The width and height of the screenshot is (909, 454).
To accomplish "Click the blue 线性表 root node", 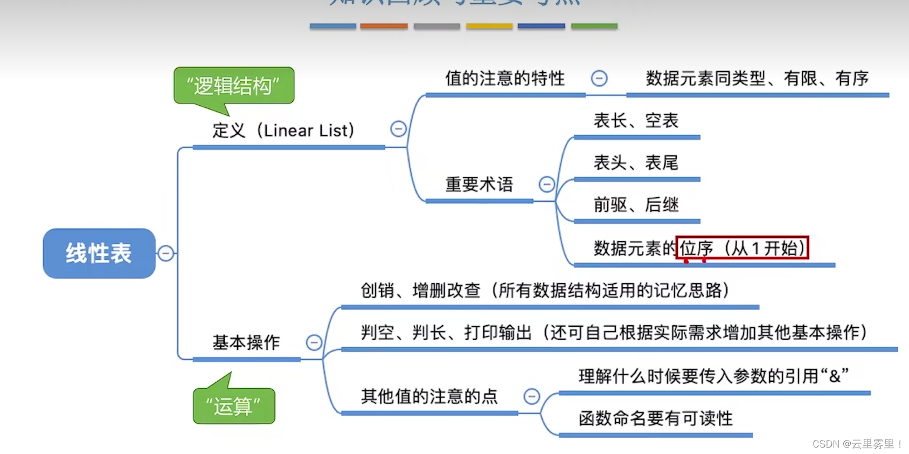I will (x=99, y=253).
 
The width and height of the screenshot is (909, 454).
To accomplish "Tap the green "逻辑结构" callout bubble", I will (x=233, y=85).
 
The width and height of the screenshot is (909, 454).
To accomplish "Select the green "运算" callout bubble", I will (x=234, y=406).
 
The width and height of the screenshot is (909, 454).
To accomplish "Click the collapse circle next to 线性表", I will (x=166, y=253).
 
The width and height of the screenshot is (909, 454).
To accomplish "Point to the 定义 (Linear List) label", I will (x=283, y=130).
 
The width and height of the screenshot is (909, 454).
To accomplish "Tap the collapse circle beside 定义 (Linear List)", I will (x=398, y=129).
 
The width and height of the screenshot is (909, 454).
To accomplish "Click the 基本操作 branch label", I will (x=246, y=342).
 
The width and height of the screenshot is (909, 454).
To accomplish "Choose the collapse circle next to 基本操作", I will (x=314, y=342).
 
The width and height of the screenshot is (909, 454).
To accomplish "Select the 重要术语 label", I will (x=479, y=184).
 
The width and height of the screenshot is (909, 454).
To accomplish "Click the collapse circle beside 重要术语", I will (x=547, y=184).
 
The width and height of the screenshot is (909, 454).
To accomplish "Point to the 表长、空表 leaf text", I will (x=636, y=120).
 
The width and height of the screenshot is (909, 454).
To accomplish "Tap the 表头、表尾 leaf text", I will (x=636, y=162).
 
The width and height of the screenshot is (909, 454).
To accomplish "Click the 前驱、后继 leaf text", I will (x=636, y=204).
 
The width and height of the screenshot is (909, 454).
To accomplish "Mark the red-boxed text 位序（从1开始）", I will (x=742, y=248).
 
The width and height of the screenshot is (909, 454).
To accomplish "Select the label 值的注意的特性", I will (x=505, y=78).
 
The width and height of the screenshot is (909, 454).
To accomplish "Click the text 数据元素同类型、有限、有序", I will (x=757, y=78).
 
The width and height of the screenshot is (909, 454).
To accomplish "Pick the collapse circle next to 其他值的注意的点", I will (x=532, y=396).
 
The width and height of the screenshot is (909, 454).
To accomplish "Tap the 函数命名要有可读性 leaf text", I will (x=655, y=418).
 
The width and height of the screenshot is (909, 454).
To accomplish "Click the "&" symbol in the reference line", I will (x=835, y=376).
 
